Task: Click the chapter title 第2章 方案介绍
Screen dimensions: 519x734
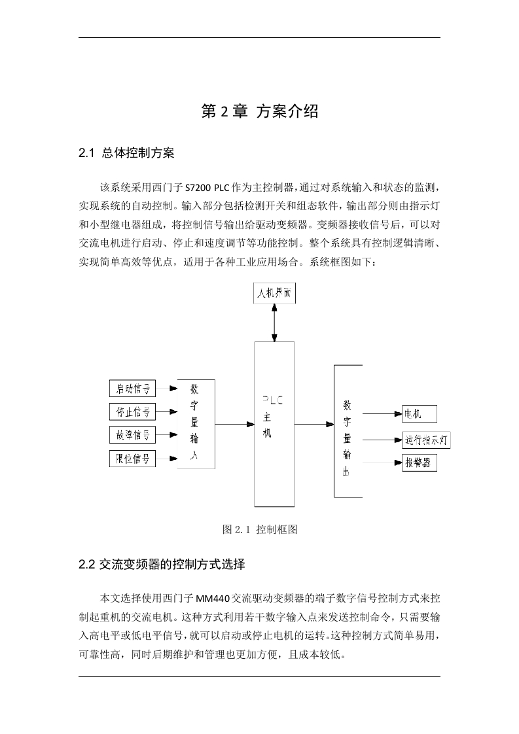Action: point(259,111)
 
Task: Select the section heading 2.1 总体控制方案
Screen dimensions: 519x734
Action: point(126,153)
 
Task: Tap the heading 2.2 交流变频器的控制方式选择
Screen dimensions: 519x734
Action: point(162,564)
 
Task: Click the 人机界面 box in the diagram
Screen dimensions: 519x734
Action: point(274,293)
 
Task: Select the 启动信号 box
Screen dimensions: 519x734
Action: point(133,389)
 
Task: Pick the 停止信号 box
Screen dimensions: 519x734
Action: point(133,412)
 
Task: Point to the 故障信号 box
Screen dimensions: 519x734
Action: point(133,435)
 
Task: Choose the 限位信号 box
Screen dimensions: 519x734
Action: point(133,459)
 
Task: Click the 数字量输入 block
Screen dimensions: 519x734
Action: point(196,424)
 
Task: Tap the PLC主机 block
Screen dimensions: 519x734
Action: point(274,424)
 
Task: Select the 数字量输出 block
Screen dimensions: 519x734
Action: point(348,431)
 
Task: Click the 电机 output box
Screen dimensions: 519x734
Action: point(420,414)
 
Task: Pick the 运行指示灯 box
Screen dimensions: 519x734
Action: point(426,440)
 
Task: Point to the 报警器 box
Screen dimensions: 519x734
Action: point(420,463)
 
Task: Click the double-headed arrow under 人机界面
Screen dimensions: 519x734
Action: point(274,323)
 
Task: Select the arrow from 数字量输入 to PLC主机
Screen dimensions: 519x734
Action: point(235,424)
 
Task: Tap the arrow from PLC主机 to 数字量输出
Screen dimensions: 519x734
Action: point(314,424)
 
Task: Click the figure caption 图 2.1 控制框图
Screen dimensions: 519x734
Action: point(260,529)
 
